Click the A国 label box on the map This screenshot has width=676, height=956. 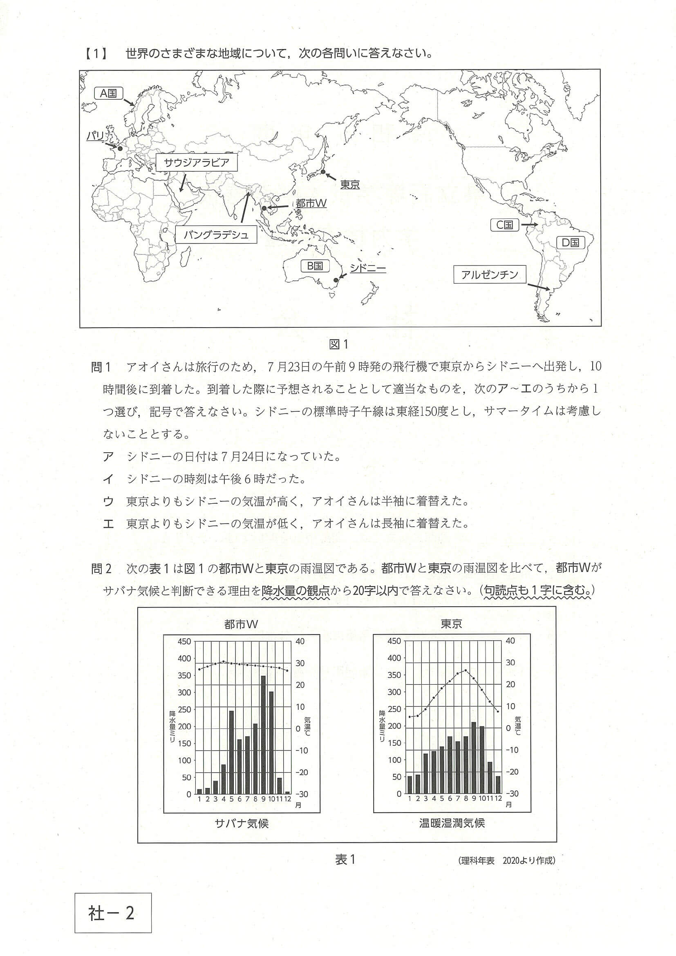[108, 93]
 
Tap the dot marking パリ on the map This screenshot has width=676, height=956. [121, 148]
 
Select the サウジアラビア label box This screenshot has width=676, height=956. [197, 163]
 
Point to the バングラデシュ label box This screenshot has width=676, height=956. [216, 235]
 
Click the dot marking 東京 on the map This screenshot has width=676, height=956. [323, 172]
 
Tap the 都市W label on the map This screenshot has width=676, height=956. [311, 203]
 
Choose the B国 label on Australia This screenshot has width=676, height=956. [315, 266]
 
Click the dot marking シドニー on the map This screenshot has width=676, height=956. [336, 280]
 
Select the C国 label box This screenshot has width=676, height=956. [504, 225]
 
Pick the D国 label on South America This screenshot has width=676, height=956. [571, 243]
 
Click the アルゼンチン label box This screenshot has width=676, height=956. [489, 275]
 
